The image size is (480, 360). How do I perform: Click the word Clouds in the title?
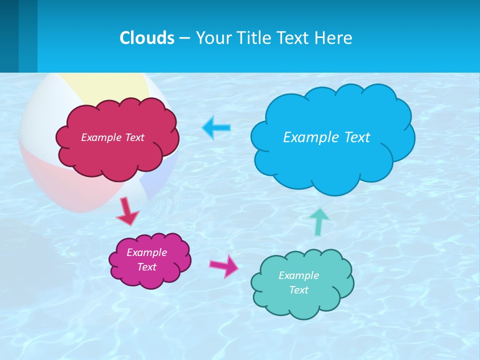pyautogui.click(x=147, y=37)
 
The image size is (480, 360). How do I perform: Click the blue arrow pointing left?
pyautogui.click(x=216, y=127)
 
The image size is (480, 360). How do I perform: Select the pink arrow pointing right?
pyautogui.click(x=224, y=265)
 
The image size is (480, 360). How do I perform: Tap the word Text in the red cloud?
pyautogui.click(x=134, y=137)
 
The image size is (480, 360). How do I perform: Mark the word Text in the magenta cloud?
pyautogui.click(x=147, y=267)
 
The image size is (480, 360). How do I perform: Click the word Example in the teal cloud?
pyautogui.click(x=298, y=275)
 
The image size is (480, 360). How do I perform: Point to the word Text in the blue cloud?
pyautogui.click(x=357, y=137)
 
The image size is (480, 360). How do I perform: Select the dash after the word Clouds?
pyautogui.click(x=184, y=37)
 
